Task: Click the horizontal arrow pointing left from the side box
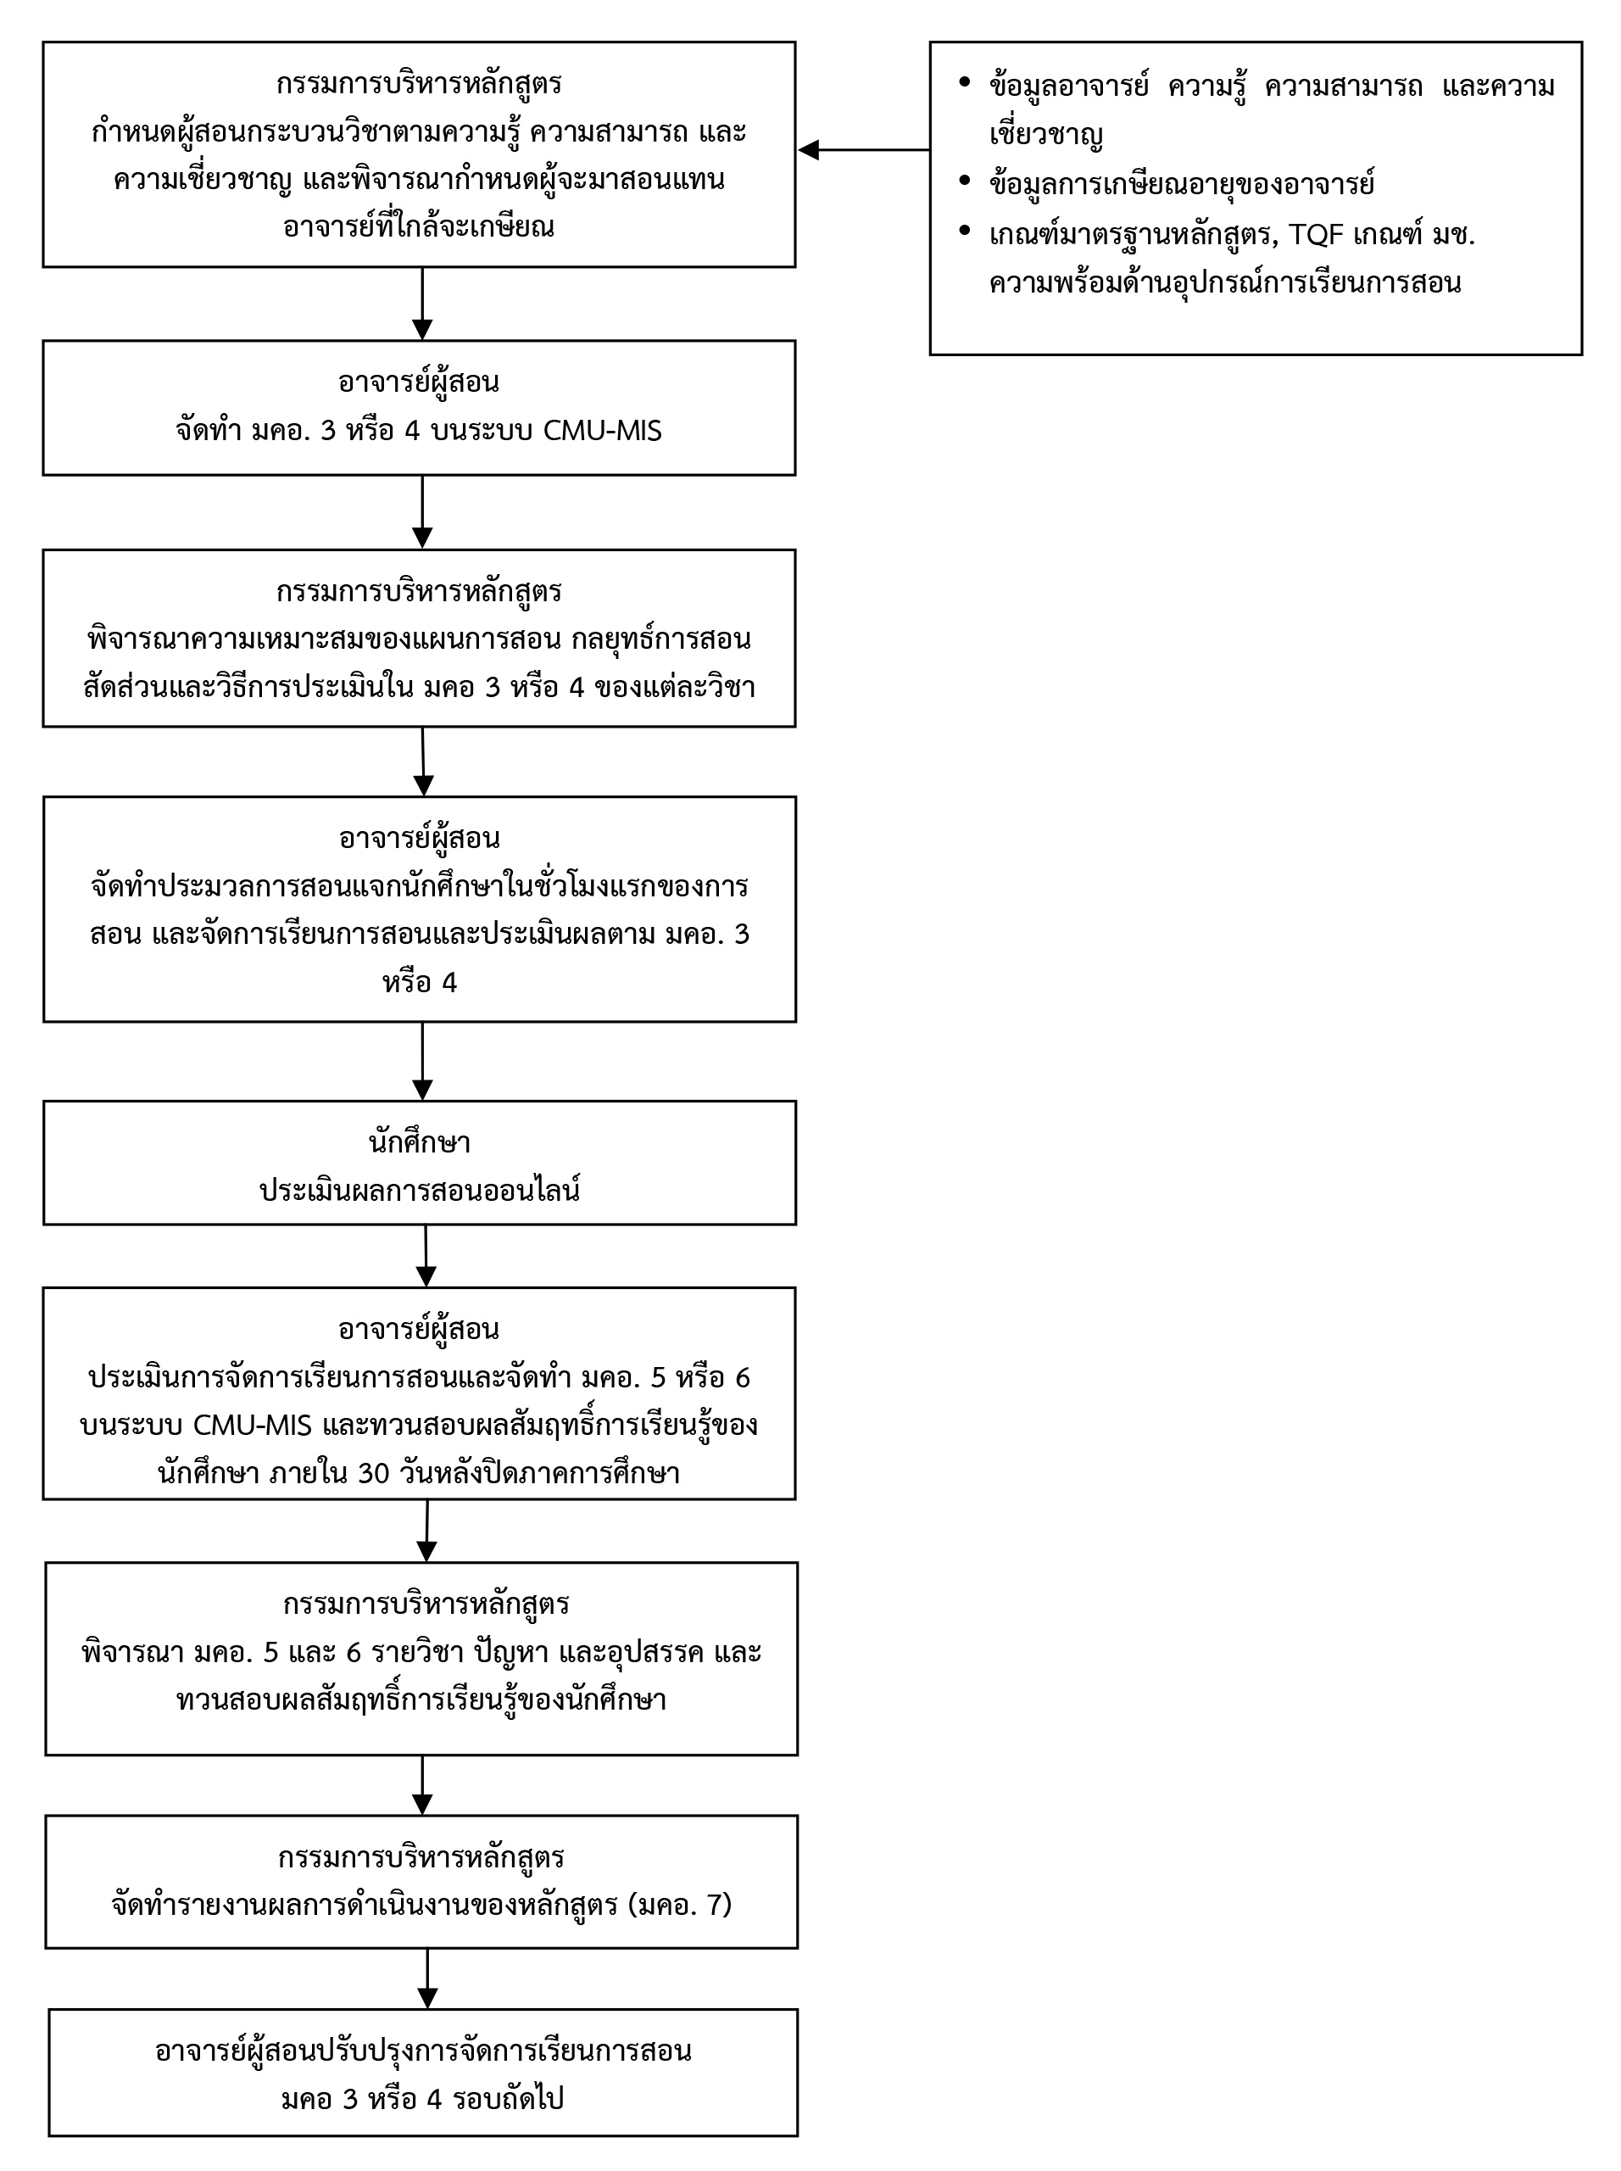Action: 863,150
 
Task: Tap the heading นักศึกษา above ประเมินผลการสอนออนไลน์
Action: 420,1142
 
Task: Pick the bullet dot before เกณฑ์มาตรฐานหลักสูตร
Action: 965,232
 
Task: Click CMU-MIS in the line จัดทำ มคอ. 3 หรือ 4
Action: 603,431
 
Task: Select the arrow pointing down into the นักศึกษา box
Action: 422,1061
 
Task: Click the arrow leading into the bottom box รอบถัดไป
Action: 426,1978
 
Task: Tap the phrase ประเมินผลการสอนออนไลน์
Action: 420,1191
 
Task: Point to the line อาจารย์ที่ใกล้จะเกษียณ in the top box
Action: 419,226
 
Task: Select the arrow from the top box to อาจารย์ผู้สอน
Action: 422,304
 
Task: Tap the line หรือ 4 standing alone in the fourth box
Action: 420,982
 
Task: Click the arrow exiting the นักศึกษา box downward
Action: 426,1255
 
